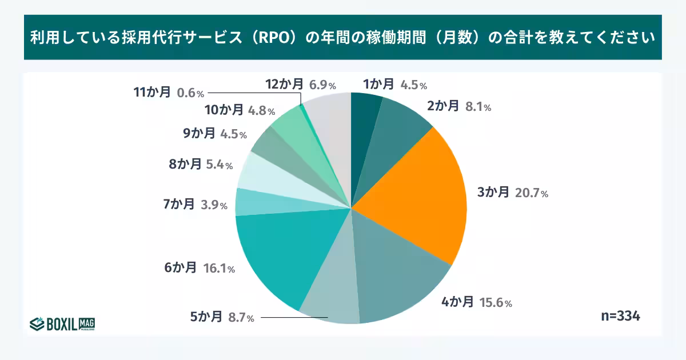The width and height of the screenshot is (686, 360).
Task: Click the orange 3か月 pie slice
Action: coord(417,194)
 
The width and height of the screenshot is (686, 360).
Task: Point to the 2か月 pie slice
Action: coord(400,129)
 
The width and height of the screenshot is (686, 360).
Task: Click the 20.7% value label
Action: coord(531,193)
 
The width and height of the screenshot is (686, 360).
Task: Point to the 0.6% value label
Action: coord(191,93)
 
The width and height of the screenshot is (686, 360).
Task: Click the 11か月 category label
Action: coord(152,92)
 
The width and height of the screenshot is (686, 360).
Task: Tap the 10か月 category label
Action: coord(224,110)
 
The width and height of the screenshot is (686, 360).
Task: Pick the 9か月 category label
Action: coord(199,134)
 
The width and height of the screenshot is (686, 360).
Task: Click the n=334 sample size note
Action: coord(620,316)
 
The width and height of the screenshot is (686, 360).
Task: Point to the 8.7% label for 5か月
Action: coord(241,318)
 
